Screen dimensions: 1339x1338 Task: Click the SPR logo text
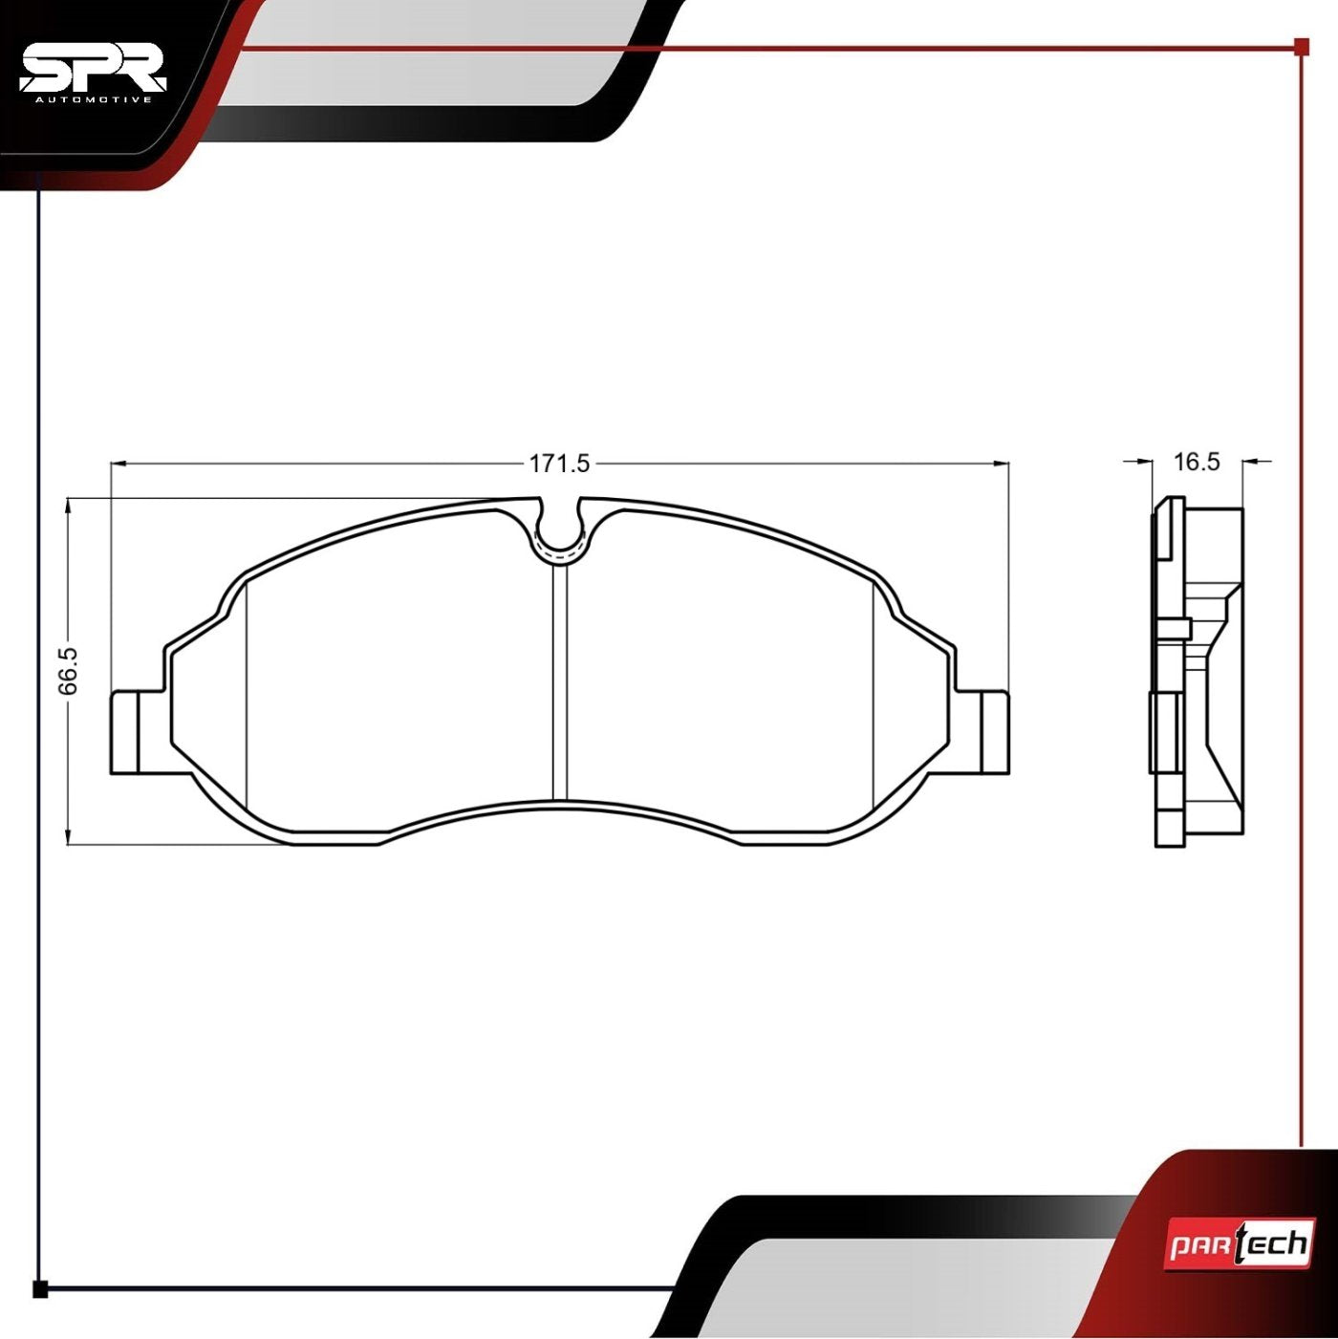pyautogui.click(x=93, y=69)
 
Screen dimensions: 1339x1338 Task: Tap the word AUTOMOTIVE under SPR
pyautogui.click(x=93, y=98)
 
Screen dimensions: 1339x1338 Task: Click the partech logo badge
pyautogui.click(x=1238, y=1243)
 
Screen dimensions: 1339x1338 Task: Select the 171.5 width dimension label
pyautogui.click(x=560, y=464)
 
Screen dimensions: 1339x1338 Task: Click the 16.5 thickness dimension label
pyautogui.click(x=1197, y=462)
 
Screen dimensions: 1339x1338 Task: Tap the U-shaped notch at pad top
pyautogui.click(x=560, y=530)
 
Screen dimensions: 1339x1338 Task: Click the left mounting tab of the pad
pyautogui.click(x=125, y=731)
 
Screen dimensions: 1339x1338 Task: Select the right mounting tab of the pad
pyautogui.click(x=995, y=731)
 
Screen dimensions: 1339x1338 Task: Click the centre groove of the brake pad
pyautogui.click(x=560, y=683)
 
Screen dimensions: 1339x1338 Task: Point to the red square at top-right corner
pyautogui.click(x=1301, y=46)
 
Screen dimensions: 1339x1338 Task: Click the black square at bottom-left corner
pyautogui.click(x=39, y=1289)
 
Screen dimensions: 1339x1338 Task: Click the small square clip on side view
pyautogui.click(x=1175, y=628)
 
